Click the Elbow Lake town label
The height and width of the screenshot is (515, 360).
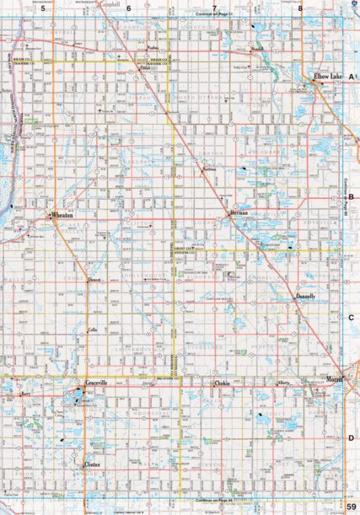328,77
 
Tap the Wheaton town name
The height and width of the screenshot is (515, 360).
62,216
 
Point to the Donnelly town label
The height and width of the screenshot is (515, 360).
306,298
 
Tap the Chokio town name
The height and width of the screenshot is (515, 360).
221,384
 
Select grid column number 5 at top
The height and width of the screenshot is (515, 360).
42,8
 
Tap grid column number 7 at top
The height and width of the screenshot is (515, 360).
215,8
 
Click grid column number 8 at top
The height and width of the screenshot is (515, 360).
299,8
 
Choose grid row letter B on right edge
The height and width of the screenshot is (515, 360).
350,199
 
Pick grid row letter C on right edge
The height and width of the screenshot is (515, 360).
350,318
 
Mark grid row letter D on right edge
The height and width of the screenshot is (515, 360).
350,438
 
